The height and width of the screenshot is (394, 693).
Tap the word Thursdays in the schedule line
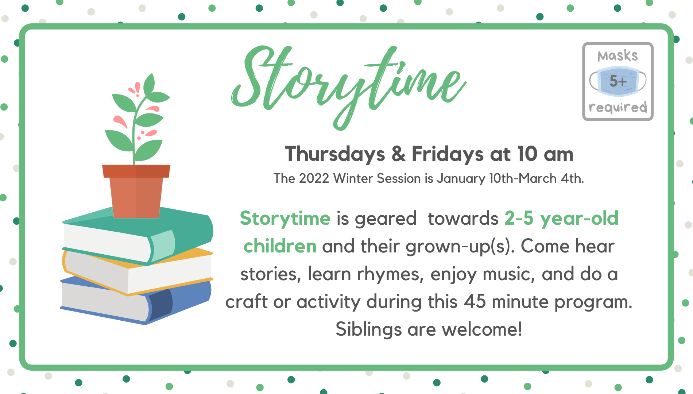pos(334,154)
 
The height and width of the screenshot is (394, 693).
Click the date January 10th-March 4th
pos(510,178)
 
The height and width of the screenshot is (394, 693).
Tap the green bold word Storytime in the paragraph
pos(285,218)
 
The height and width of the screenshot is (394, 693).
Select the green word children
pos(280,246)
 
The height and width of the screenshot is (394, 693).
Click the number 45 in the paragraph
pos(475,301)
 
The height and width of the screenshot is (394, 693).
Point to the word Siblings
pos(369,329)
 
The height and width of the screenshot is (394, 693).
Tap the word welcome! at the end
pos(482,329)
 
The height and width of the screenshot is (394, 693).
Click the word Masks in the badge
pos(617,56)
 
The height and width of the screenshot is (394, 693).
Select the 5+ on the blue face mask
pos(618,81)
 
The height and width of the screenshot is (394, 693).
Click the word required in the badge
pos(617,107)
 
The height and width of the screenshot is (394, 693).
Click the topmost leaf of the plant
pos(149,84)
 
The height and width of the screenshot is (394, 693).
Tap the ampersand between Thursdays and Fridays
pos(398,154)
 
